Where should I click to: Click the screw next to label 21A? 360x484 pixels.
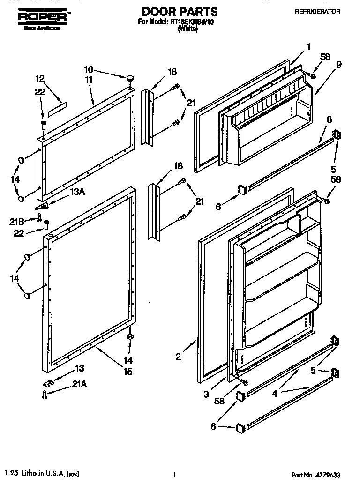[45, 395]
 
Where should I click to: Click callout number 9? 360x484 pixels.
[338, 65]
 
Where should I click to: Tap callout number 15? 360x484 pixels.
[127, 372]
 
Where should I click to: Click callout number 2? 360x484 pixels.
[178, 357]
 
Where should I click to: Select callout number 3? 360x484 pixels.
[206, 395]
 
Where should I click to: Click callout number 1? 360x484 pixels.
[308, 46]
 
